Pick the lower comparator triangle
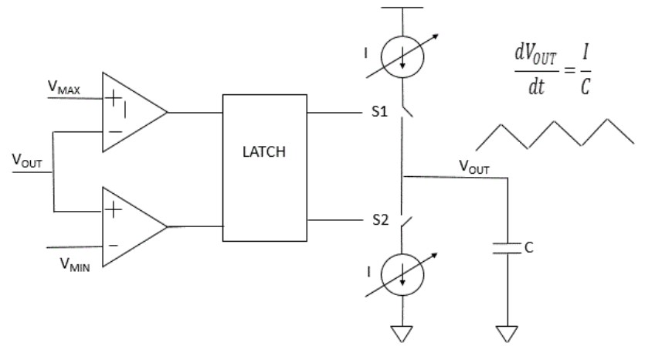[x=131, y=226]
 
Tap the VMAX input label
[x=63, y=89]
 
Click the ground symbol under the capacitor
[x=507, y=334]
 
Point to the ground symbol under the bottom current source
[x=402, y=334]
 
